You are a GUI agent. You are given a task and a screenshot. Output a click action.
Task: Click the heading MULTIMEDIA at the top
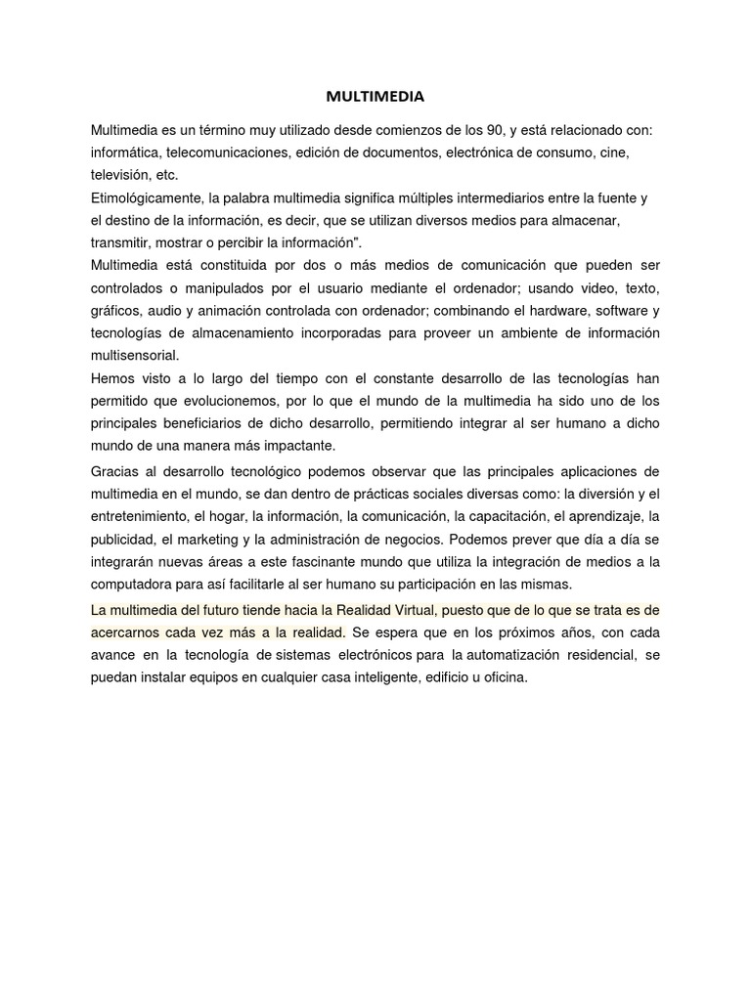(x=375, y=97)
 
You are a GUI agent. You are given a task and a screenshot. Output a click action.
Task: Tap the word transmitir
(x=119, y=242)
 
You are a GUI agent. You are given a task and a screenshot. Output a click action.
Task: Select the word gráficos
(x=115, y=311)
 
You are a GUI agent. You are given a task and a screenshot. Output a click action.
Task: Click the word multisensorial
(x=135, y=356)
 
